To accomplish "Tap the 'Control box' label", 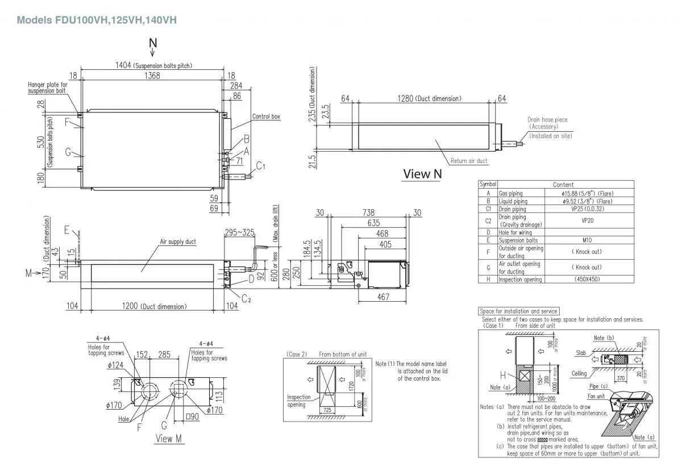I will tap(267, 116).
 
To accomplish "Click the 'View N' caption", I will tap(422, 174).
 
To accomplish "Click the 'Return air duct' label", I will tap(469, 161).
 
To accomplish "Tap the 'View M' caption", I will tap(164, 439).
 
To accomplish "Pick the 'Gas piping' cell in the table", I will tap(510, 194).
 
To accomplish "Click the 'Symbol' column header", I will tap(488, 185).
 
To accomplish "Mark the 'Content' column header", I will tap(563, 185).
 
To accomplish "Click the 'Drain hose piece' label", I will tap(547, 120).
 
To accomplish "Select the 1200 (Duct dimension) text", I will tap(154, 307).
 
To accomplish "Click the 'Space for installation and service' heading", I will tap(519, 311).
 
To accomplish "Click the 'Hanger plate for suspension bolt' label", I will tap(47, 87).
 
